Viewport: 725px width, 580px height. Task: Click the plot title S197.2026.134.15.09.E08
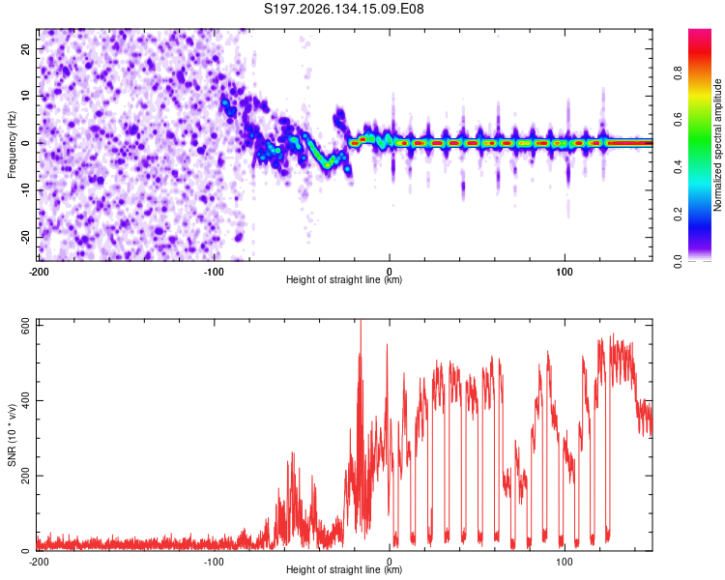pyautogui.click(x=343, y=9)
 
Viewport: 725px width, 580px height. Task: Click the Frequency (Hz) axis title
pyautogui.click(x=12, y=145)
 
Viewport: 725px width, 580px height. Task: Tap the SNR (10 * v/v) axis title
pyautogui.click(x=12, y=435)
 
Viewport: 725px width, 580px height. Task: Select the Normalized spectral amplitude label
pyautogui.click(x=717, y=145)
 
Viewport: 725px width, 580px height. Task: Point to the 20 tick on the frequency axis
pyautogui.click(x=25, y=49)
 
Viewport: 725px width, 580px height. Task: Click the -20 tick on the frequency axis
pyautogui.click(x=25, y=237)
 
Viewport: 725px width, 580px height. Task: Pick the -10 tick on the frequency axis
pyautogui.click(x=25, y=190)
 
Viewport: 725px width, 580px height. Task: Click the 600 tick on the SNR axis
pyautogui.click(x=25, y=327)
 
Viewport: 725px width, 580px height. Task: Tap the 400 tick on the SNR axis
pyautogui.click(x=25, y=400)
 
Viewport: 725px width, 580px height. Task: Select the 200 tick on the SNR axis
pyautogui.click(x=25, y=476)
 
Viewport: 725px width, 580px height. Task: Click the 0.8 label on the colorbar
pyautogui.click(x=678, y=73)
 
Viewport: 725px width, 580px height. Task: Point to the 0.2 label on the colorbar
pyautogui.click(x=678, y=215)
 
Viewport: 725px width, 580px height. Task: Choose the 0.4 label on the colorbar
pyautogui.click(x=678, y=167)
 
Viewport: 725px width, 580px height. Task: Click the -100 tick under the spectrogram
pyautogui.click(x=214, y=272)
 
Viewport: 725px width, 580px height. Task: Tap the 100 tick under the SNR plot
pyautogui.click(x=565, y=562)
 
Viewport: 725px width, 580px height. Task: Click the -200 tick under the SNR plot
pyautogui.click(x=39, y=562)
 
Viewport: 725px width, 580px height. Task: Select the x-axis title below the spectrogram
pyautogui.click(x=344, y=279)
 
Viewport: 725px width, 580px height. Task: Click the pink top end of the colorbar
pyautogui.click(x=700, y=32)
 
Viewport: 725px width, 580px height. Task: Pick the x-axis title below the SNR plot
pyautogui.click(x=344, y=569)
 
